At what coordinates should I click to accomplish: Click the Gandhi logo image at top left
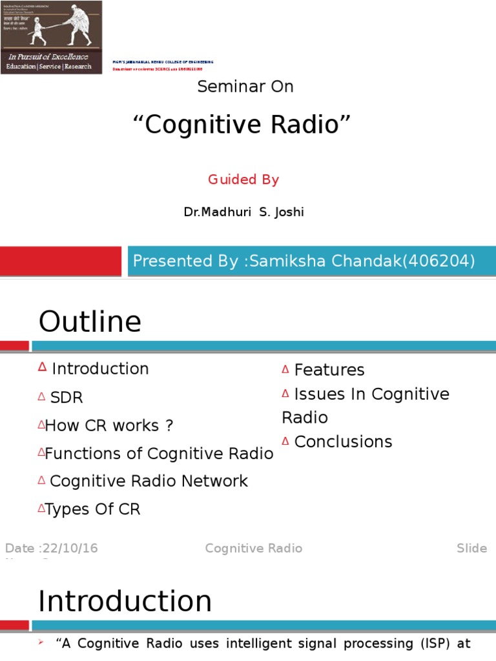51,37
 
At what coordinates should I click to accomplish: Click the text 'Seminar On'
245,86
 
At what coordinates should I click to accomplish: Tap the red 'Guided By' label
243,179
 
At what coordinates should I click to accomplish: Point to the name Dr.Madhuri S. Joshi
243,212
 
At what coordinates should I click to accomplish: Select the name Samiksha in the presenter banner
280,261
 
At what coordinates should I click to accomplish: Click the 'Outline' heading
90,321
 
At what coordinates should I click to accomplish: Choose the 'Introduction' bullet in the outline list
100,369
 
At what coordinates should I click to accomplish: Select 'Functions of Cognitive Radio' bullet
159,454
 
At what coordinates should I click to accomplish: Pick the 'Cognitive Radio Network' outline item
149,481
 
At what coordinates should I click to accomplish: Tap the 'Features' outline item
329,370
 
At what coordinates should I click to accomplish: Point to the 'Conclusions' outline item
343,442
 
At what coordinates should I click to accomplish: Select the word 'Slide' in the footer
471,548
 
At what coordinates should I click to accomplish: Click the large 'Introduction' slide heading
125,601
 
